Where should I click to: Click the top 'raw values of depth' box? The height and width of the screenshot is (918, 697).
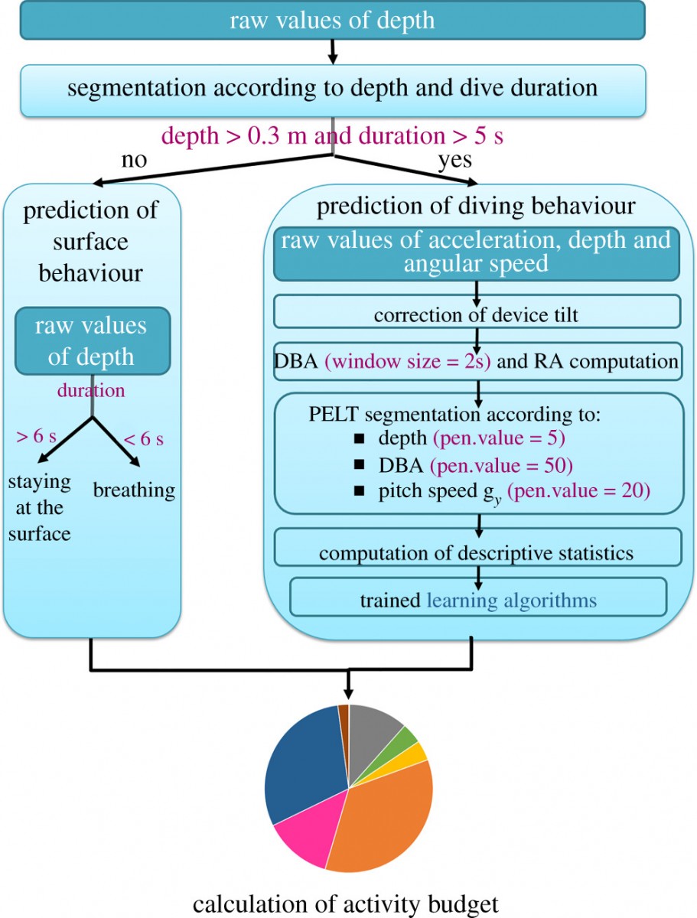pos(332,20)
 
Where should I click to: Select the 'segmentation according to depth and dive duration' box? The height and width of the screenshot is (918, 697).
pos(333,90)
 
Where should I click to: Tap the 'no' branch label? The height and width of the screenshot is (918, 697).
pos(134,160)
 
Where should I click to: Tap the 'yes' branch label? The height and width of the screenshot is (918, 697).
pos(455,161)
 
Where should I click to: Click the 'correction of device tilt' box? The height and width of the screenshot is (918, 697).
pos(477,311)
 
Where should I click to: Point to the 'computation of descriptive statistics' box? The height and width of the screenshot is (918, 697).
pos(477,547)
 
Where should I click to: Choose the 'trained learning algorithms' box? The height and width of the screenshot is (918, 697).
pos(478,597)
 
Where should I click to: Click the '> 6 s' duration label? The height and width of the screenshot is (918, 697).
pos(36,436)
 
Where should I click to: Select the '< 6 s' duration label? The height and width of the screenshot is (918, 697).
pos(143,439)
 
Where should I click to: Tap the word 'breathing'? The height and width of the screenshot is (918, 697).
pos(134,491)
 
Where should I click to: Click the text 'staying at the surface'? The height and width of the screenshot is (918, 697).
pos(40,508)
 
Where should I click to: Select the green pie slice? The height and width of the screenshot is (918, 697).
pos(402,740)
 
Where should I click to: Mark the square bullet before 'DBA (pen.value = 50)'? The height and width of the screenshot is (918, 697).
pos(359,464)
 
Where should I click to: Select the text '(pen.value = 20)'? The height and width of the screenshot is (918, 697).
pos(578,491)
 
